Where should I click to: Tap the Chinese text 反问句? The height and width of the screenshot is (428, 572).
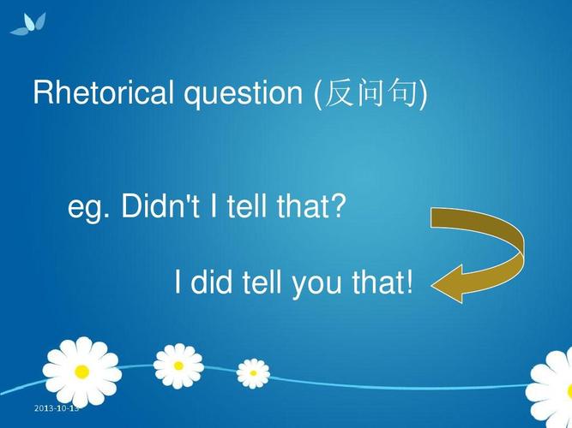(x=371, y=93)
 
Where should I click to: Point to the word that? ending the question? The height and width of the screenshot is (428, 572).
(x=309, y=206)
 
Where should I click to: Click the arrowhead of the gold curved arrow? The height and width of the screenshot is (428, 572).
(x=446, y=283)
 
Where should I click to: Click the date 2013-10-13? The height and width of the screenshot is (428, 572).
(x=56, y=408)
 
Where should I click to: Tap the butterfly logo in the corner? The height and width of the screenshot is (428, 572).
(x=28, y=24)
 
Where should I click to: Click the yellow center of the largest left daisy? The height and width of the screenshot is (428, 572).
(x=81, y=372)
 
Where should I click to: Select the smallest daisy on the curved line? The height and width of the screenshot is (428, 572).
(x=253, y=372)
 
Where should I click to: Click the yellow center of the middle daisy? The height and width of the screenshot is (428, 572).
(x=178, y=366)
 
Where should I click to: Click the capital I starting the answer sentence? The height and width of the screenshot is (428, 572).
(x=178, y=282)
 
